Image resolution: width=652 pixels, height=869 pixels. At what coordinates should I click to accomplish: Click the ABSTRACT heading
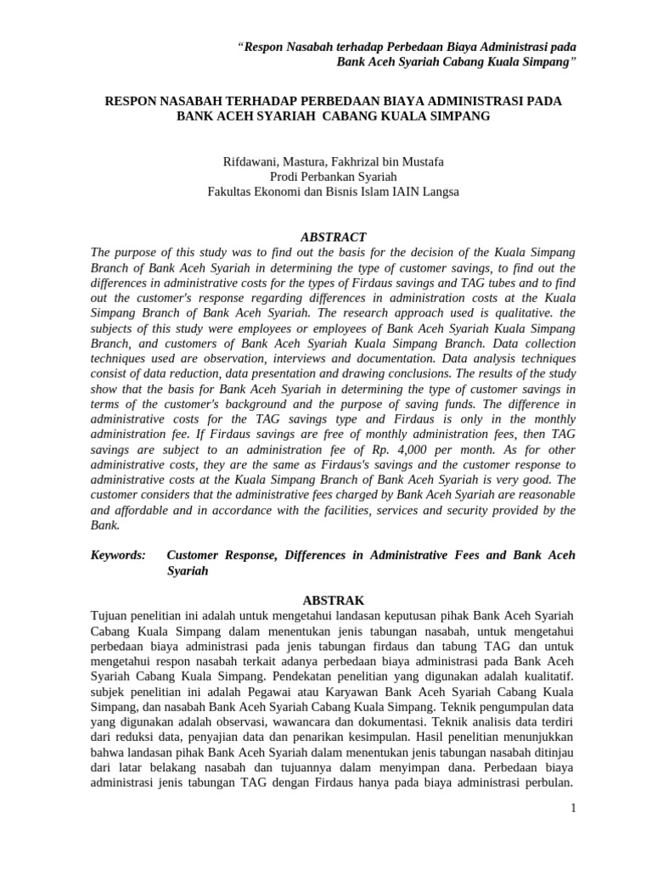click(333, 238)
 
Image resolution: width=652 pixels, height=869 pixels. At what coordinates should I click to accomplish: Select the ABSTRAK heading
click(333, 599)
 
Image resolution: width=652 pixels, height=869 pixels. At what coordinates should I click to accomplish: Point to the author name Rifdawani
click(250, 161)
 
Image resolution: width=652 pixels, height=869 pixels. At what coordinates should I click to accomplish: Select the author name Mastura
click(308, 161)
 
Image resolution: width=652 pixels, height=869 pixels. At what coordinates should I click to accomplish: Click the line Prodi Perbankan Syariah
click(333, 177)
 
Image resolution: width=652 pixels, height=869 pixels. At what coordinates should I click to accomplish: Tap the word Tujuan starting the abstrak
click(112, 614)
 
